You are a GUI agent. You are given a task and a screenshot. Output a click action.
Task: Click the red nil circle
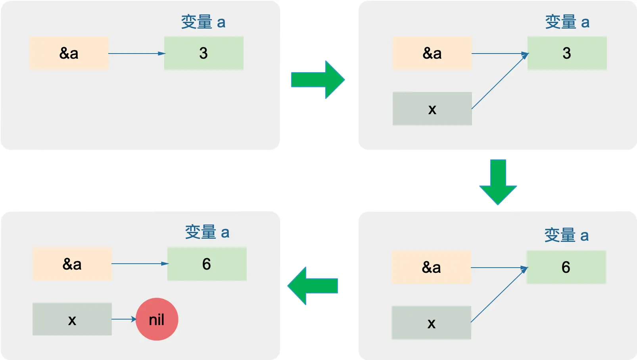[x=157, y=319]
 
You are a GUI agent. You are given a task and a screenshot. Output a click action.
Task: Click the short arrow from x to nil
[x=124, y=319]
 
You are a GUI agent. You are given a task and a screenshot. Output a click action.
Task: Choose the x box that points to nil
[x=72, y=319]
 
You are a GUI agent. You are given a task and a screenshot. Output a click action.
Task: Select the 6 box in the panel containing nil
[x=207, y=264]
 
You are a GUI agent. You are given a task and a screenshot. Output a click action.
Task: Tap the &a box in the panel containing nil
[x=72, y=264]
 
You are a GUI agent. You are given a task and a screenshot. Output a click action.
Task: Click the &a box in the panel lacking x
[x=69, y=53]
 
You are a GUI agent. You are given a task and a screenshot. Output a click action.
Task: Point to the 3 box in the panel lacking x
[x=203, y=53]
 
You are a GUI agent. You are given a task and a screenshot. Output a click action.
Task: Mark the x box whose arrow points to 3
[x=432, y=109]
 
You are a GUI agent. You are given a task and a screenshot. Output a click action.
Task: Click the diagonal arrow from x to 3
[x=500, y=81]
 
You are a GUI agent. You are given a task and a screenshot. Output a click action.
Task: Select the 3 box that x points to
[x=567, y=53]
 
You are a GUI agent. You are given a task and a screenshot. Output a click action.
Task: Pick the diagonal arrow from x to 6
[x=499, y=295]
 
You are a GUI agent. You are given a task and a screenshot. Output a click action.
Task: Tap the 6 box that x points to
[x=566, y=267]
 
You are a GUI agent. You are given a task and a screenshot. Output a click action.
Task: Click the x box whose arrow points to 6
[x=431, y=323]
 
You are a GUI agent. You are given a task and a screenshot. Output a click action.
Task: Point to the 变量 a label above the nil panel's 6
[x=207, y=232]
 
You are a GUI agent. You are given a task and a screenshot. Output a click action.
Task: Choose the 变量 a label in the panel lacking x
[x=203, y=22]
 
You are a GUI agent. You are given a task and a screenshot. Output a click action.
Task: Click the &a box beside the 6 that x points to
[x=431, y=267]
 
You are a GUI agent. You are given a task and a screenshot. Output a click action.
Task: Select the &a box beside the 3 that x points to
[x=432, y=53]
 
